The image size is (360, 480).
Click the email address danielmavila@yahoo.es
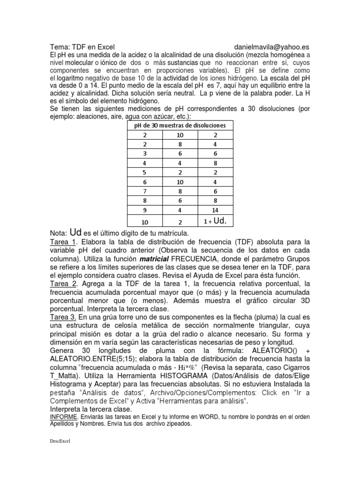271,47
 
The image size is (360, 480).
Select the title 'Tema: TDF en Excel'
82,47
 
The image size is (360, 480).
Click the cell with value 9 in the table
145,210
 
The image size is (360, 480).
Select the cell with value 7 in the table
145,191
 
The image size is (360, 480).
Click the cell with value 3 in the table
145,153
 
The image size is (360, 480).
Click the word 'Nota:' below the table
59,233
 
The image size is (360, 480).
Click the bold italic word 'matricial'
155,259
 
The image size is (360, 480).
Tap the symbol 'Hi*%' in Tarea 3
187,367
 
